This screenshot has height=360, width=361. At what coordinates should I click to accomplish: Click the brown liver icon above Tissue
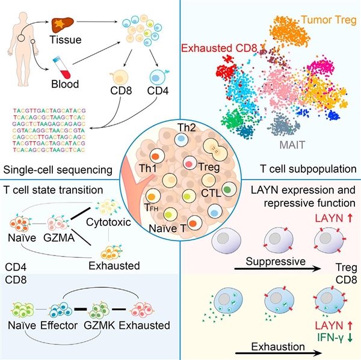(63, 25)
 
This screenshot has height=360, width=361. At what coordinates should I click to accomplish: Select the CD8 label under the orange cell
(121, 90)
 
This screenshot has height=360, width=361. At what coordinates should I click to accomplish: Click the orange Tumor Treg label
(329, 20)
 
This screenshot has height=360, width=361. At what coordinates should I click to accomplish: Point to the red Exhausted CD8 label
(219, 48)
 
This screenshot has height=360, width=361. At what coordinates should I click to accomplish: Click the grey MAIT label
(292, 145)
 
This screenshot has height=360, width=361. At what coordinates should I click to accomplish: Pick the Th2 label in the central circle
(187, 128)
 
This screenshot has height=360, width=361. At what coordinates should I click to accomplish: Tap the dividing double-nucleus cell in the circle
(215, 150)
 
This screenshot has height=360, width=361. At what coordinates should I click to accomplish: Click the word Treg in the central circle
(209, 166)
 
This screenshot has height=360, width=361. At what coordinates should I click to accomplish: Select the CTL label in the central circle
(211, 194)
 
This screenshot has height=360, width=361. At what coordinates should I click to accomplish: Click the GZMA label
(59, 238)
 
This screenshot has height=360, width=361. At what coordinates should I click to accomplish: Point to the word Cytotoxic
(108, 222)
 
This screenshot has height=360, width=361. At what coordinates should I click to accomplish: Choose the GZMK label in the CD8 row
(99, 326)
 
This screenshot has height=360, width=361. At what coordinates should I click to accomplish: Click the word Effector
(59, 326)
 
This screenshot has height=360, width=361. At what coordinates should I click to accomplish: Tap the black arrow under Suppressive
(277, 269)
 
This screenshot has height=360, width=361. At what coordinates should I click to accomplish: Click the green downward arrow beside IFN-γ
(350, 337)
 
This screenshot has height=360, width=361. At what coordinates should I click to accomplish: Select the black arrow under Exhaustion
(279, 353)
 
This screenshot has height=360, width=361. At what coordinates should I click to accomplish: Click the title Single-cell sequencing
(58, 170)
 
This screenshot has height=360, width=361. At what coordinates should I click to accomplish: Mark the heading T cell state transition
(53, 191)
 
